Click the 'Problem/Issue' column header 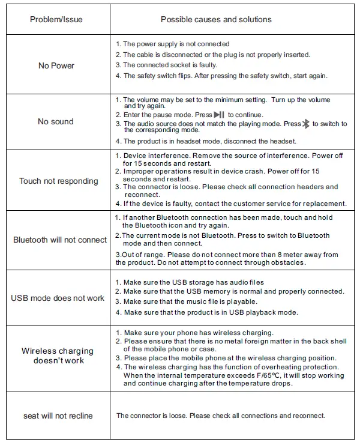coord(56,20)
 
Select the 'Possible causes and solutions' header coord(216,20)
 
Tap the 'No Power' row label coord(56,65)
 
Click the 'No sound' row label coord(56,121)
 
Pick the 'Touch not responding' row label coord(59,181)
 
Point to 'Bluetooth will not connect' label coord(60,240)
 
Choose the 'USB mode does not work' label coord(58,298)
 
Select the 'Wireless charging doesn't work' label coord(58,356)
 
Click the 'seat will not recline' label coord(58,416)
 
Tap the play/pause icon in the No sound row coord(219,114)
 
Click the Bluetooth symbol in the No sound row coord(305,124)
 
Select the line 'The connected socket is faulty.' coord(170,65)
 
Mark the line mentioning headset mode coord(209,141)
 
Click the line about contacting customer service coord(234,204)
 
